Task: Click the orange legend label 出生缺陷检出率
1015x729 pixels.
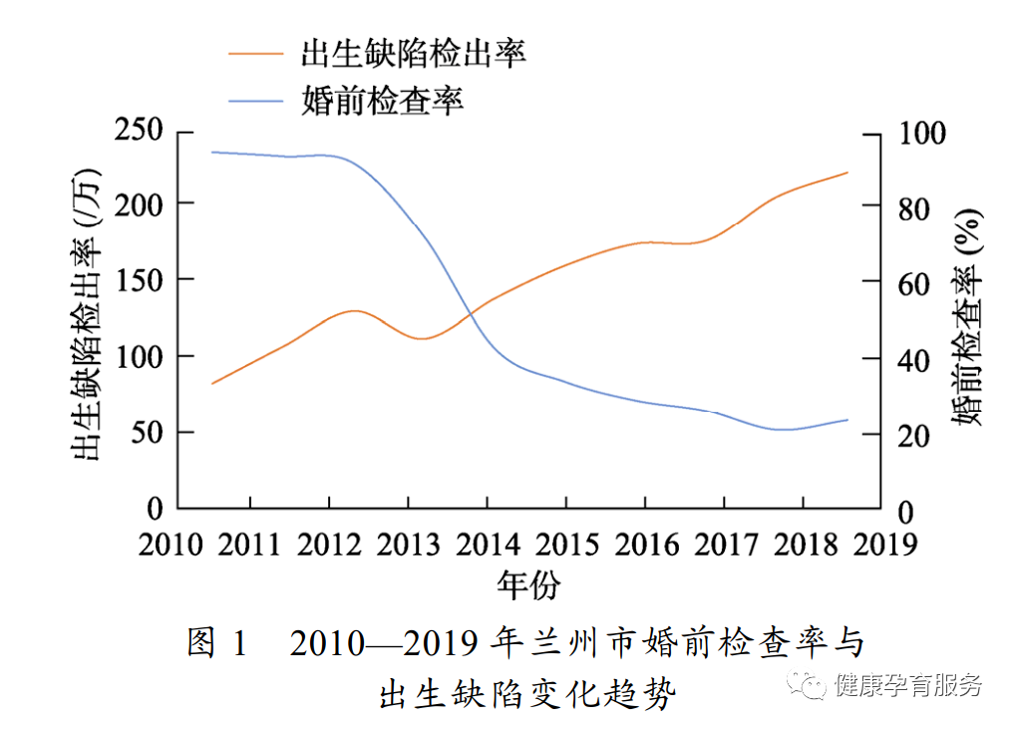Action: [413, 53]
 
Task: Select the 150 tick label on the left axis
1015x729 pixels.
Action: [140, 280]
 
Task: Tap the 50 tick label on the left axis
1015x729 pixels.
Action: [148, 433]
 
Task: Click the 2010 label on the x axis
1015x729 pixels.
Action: [172, 544]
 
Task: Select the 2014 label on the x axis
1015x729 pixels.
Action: [488, 544]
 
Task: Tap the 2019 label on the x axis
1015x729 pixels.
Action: [881, 544]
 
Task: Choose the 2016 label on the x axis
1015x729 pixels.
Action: [645, 544]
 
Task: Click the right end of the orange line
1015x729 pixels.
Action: [847, 173]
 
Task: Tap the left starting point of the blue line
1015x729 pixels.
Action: [212, 153]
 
